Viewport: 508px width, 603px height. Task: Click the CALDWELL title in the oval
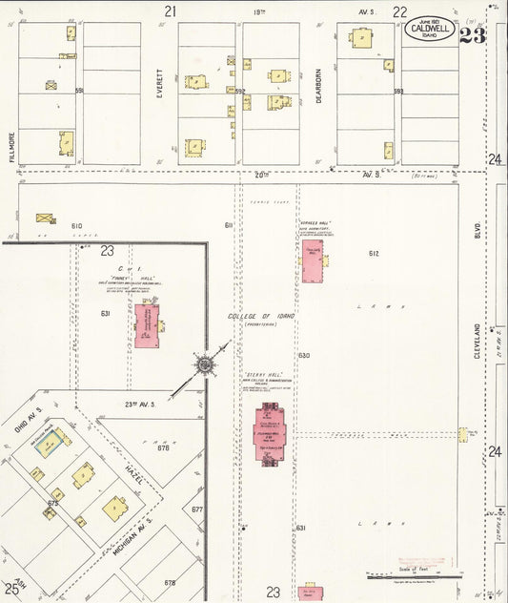[x=428, y=29]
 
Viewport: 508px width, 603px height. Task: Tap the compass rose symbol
[x=204, y=364]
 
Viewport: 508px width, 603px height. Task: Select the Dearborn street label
[x=319, y=93]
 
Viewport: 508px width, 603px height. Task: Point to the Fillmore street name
[x=12, y=147]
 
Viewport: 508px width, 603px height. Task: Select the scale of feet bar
[x=414, y=576]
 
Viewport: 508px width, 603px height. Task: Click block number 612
[x=374, y=253]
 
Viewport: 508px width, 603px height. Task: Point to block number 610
[x=76, y=226]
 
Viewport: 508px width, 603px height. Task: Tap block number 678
[x=170, y=582]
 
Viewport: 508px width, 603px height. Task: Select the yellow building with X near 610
[x=46, y=218]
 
